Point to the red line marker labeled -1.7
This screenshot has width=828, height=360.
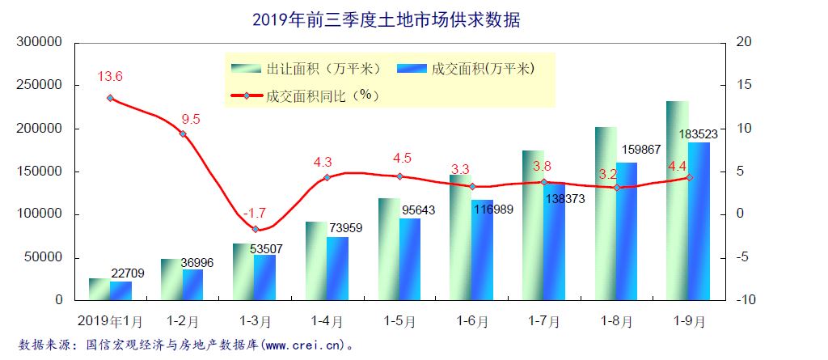256,230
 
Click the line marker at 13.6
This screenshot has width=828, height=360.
110,98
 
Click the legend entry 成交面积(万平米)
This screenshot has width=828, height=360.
468,69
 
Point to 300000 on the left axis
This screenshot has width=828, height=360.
40,42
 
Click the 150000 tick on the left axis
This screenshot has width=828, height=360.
40,172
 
